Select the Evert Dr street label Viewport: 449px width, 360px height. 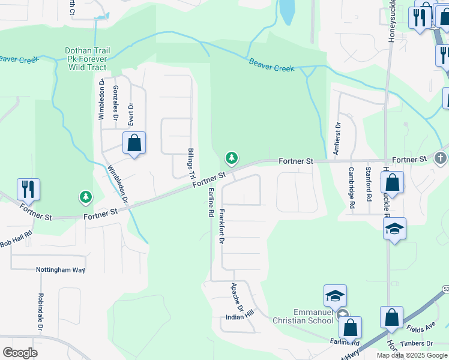click(130, 114)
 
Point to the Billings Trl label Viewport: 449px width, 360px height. click(190, 162)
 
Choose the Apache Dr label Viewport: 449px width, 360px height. click(235, 294)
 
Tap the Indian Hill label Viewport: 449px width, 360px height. click(240, 316)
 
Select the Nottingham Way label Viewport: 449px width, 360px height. click(60, 270)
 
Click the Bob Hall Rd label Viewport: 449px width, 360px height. click(16, 243)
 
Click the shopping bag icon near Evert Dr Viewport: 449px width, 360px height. click(134, 143)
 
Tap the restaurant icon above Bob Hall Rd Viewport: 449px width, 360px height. click(28, 189)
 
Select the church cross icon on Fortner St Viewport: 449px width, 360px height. click(440, 158)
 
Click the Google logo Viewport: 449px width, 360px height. click(20, 353)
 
